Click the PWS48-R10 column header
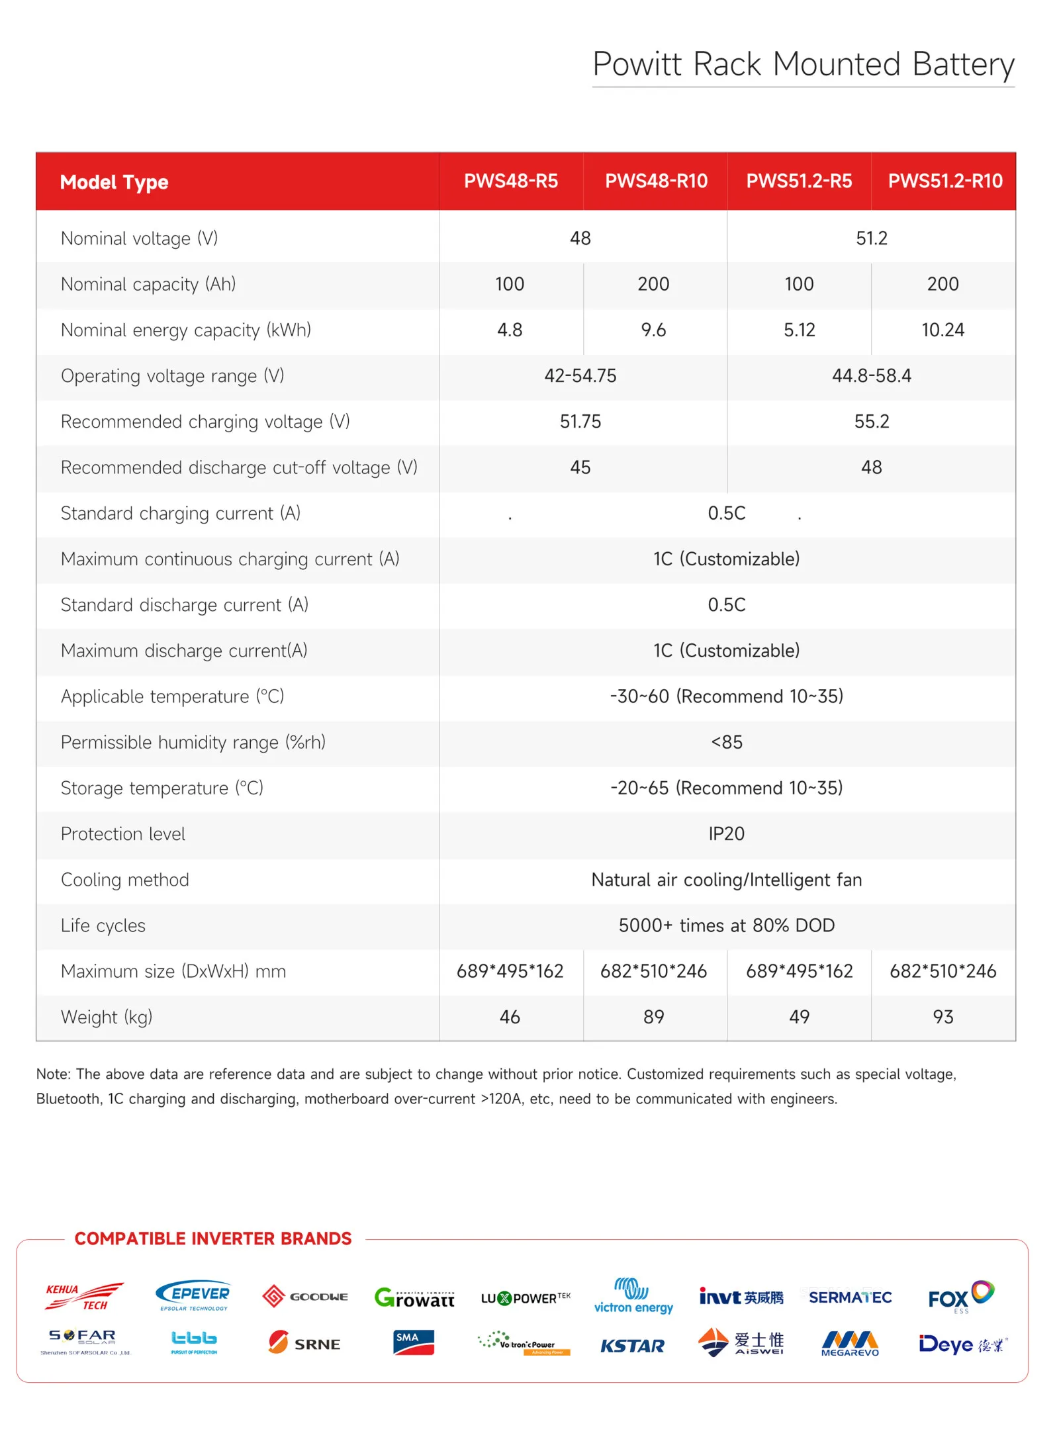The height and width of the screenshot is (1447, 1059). [656, 181]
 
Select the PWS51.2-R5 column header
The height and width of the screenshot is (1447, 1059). [799, 181]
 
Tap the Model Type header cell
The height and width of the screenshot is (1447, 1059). [115, 182]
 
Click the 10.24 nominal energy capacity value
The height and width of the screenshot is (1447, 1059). [943, 330]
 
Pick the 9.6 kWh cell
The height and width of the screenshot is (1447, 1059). [653, 330]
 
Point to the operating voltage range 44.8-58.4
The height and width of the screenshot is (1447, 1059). [871, 375]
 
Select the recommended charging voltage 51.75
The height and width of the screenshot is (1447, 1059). [580, 421]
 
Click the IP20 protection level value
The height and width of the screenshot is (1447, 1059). [726, 833]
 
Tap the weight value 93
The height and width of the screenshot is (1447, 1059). [943, 1017]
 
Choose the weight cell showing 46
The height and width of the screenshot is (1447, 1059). [510, 1017]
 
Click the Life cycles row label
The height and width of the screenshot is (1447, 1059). [103, 925]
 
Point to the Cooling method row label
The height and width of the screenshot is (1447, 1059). [125, 880]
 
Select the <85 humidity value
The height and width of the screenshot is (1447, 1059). [726, 742]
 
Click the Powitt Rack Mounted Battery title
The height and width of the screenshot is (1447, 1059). [803, 65]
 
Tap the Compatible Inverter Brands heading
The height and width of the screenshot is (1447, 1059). [212, 1238]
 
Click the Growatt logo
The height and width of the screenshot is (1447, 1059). [414, 1297]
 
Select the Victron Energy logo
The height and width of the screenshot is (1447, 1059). [633, 1296]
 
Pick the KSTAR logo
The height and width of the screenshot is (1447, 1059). [632, 1346]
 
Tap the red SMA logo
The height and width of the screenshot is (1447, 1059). [414, 1342]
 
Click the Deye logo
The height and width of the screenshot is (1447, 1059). [962, 1344]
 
